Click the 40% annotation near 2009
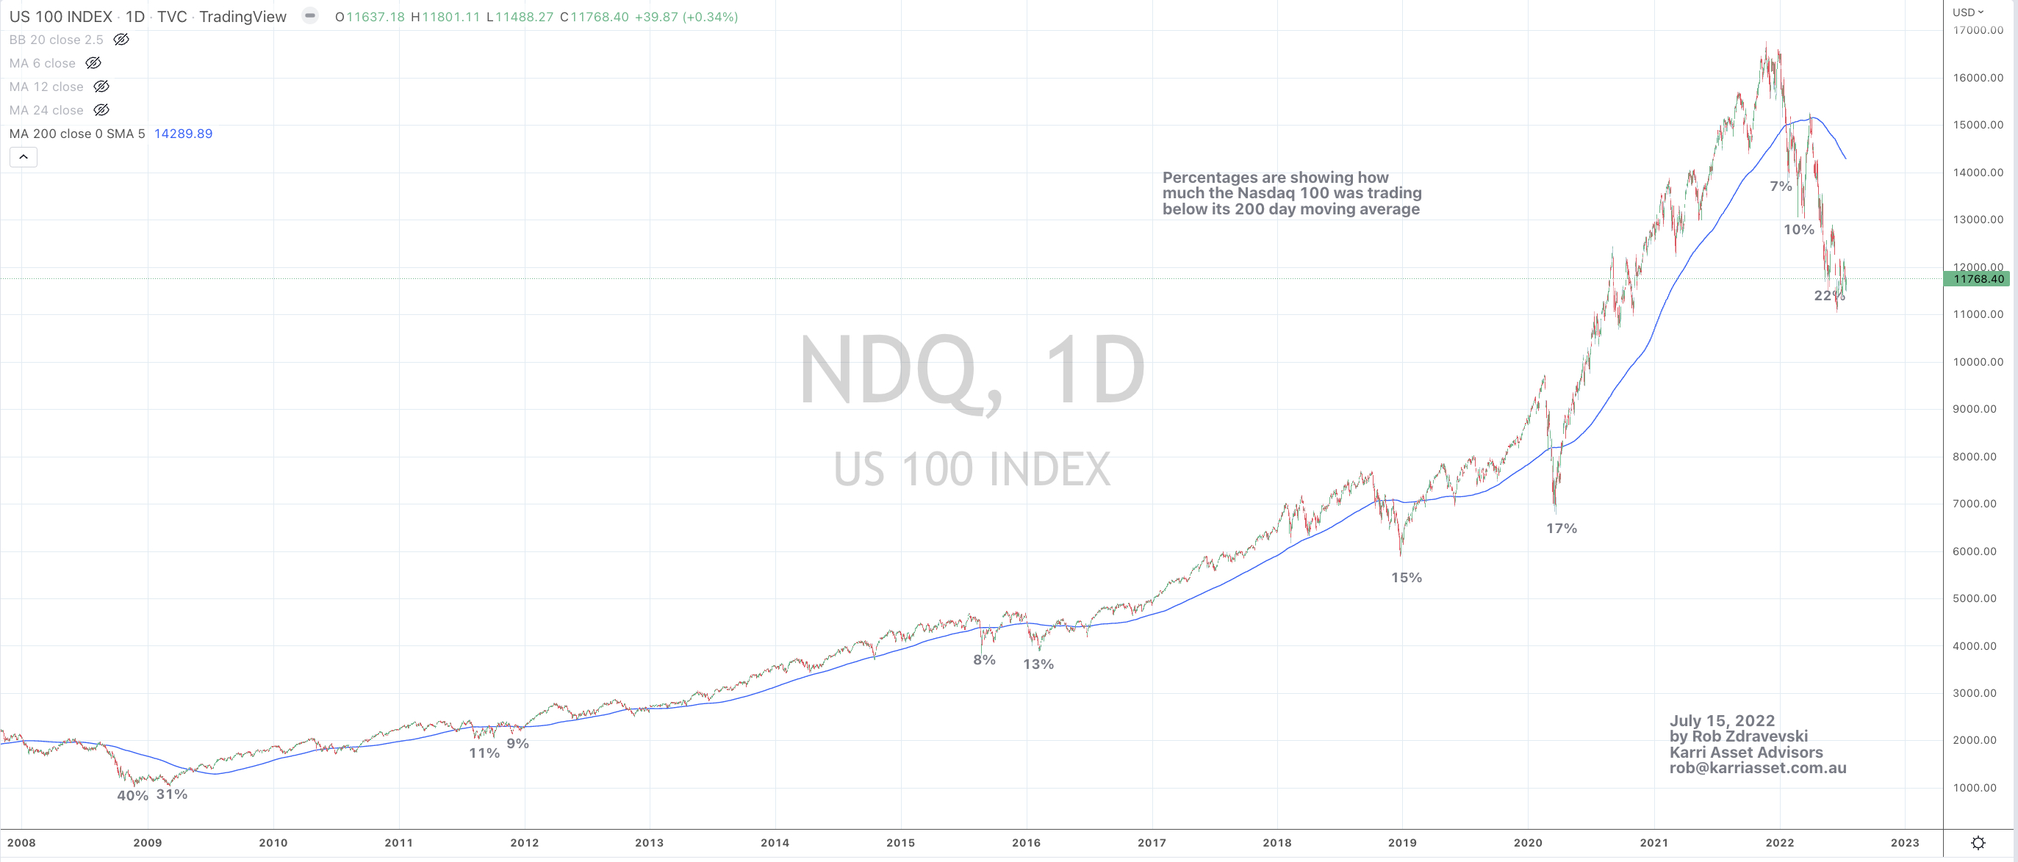pyautogui.click(x=132, y=795)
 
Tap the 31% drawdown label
pyautogui.click(x=171, y=794)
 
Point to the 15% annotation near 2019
pyautogui.click(x=1406, y=578)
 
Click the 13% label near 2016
pyautogui.click(x=1038, y=664)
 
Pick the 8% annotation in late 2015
pyautogui.click(x=984, y=660)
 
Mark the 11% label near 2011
pyautogui.click(x=484, y=753)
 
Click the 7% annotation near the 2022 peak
pyautogui.click(x=1781, y=186)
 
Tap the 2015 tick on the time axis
pyautogui.click(x=900, y=843)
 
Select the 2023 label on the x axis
pyautogui.click(x=1904, y=843)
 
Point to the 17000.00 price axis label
pyautogui.click(x=1978, y=31)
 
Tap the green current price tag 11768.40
pyautogui.click(x=1978, y=279)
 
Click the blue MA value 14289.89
pyautogui.click(x=183, y=134)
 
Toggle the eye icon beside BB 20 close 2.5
pyautogui.click(x=121, y=39)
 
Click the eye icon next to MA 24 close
pyautogui.click(x=101, y=110)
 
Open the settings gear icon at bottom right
pyautogui.click(x=1978, y=843)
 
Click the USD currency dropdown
pyautogui.click(x=1968, y=12)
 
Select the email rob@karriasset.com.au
pyautogui.click(x=1757, y=768)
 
